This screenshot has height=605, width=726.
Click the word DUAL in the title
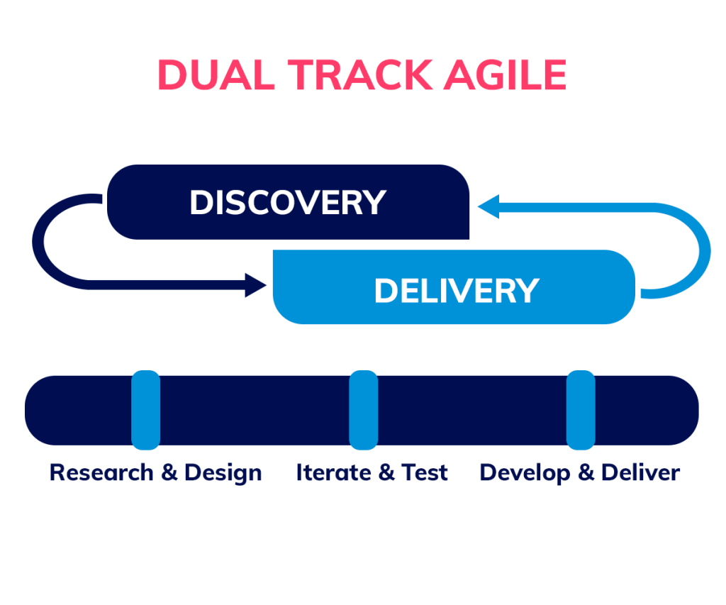tap(216, 74)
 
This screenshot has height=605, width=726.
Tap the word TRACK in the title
tap(360, 74)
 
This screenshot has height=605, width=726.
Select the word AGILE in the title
tap(505, 74)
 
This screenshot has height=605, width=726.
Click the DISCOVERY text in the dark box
tap(288, 202)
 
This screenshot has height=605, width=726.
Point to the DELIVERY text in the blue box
tap(457, 291)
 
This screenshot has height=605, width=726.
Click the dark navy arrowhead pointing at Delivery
tap(255, 285)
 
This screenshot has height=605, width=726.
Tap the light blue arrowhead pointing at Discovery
tap(488, 206)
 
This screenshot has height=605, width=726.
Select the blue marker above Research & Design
tap(146, 410)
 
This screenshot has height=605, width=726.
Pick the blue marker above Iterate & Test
tap(364, 410)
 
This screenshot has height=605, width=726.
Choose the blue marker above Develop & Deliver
tap(581, 410)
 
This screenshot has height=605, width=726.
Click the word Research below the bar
tap(101, 472)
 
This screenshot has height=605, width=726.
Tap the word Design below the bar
tap(223, 474)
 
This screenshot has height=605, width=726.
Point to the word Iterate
tap(333, 472)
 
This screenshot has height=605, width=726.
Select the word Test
tap(425, 472)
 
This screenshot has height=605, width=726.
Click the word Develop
tap(525, 474)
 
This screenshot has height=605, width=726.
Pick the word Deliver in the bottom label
tap(641, 472)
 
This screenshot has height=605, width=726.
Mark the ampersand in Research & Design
tap(169, 472)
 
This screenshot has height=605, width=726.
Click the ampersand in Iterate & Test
tap(386, 472)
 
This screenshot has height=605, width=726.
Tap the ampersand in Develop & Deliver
tap(586, 472)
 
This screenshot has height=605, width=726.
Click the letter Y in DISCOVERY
tap(374, 202)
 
